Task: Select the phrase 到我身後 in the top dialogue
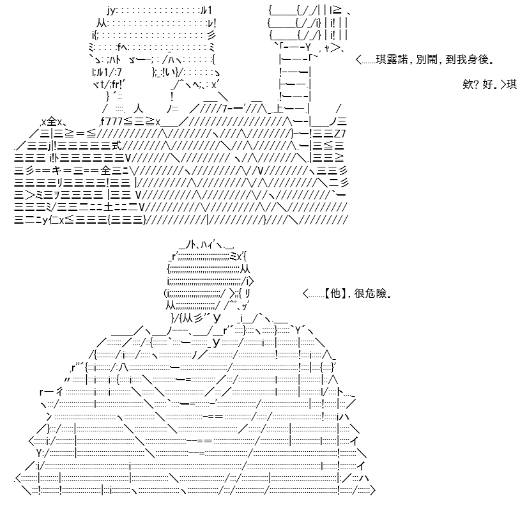point(467,59)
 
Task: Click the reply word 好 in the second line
point(487,84)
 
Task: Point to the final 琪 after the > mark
point(512,84)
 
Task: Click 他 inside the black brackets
point(335,293)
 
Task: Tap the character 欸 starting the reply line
point(468,84)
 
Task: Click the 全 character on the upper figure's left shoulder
point(52,121)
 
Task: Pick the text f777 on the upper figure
point(111,121)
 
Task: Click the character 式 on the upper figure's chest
point(117,146)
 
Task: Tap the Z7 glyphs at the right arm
point(340,134)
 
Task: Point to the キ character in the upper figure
point(57,171)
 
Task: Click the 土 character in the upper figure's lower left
point(107,207)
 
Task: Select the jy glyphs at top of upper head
point(111,11)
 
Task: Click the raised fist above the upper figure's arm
point(308,22)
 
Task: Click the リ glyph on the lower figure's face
point(247,293)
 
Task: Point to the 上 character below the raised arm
point(279,109)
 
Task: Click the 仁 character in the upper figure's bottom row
point(54,220)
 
